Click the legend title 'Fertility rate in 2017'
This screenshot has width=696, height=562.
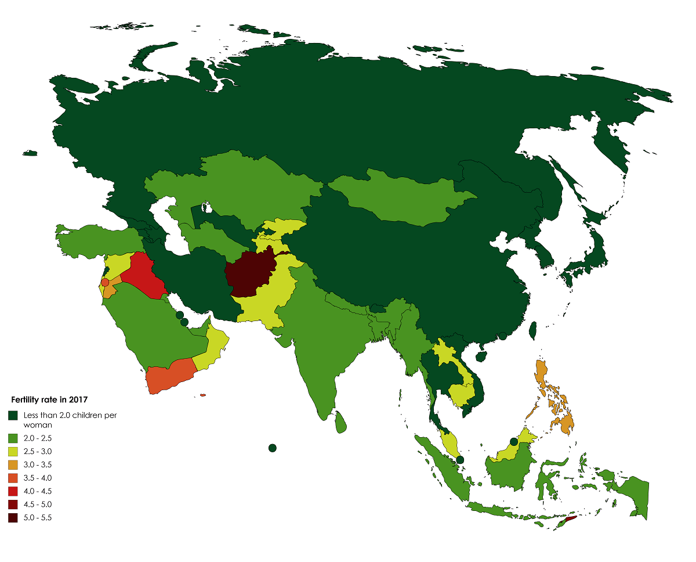(x=49, y=399)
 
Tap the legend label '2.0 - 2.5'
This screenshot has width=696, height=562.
(x=37, y=438)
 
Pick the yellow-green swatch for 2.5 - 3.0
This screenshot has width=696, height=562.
(x=13, y=451)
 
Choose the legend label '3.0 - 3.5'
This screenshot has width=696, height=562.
(x=37, y=464)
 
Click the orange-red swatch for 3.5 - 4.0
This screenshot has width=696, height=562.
(x=13, y=478)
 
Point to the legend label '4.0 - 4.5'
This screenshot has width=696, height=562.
(x=37, y=491)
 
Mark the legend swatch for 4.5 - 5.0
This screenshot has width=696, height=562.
(x=13, y=505)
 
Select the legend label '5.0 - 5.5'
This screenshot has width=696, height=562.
(x=37, y=518)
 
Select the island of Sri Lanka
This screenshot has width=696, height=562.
(x=342, y=423)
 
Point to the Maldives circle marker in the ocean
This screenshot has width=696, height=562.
(x=272, y=448)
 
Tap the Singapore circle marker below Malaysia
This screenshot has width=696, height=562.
(x=459, y=459)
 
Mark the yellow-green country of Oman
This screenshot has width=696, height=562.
(x=212, y=348)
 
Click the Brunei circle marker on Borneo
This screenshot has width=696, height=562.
(x=513, y=442)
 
